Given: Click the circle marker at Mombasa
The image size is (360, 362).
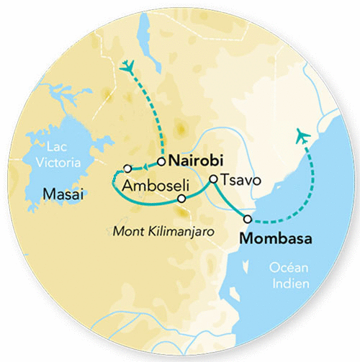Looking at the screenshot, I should pos(248,219).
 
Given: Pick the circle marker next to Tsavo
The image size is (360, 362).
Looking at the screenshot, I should pos(213,180).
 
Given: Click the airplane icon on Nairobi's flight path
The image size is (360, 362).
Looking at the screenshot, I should pos(129,66).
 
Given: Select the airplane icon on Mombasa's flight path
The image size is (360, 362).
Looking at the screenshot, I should pos(302,135).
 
